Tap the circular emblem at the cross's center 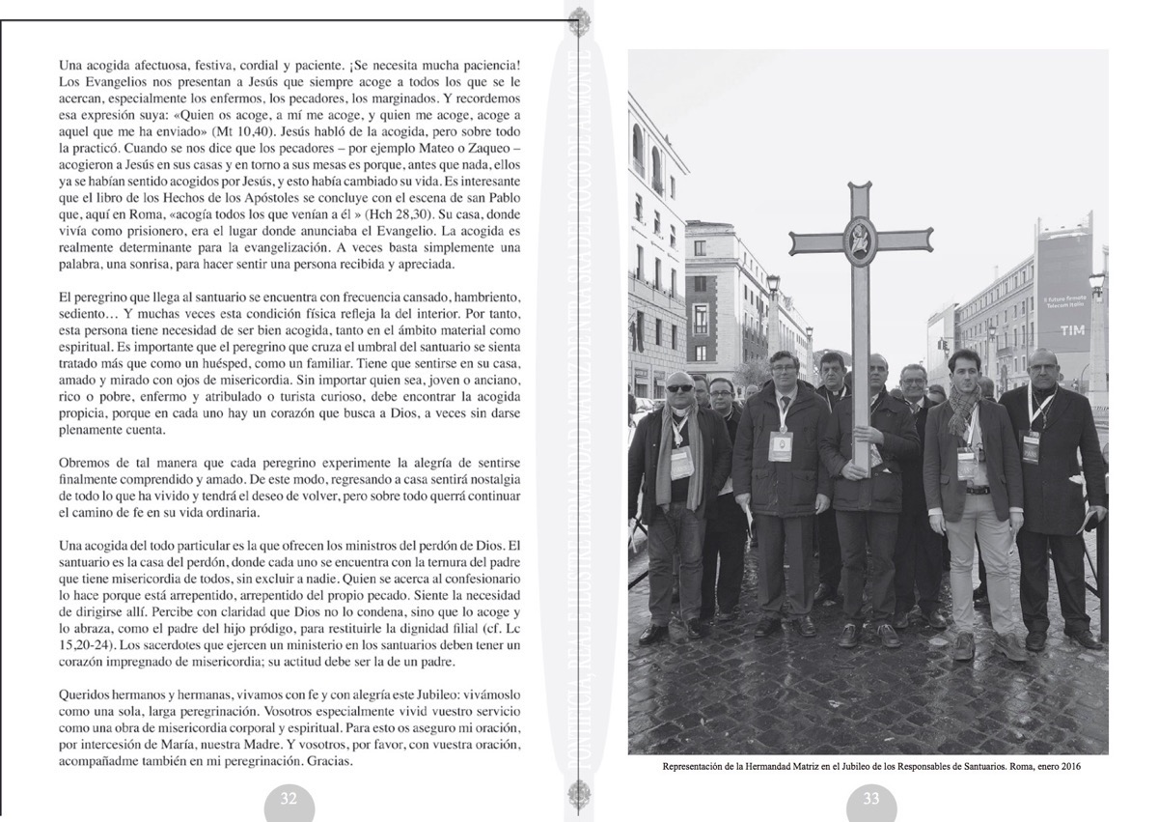tap(858, 239)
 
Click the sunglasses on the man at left tap(679, 388)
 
